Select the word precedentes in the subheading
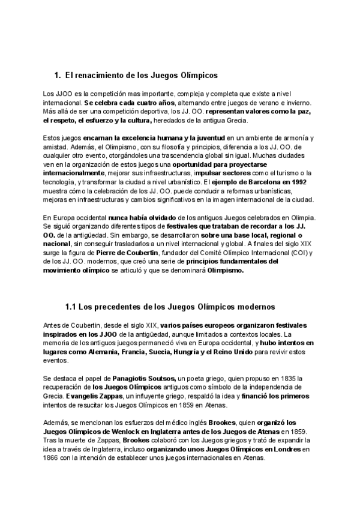(x=118, y=306)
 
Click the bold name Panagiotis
(x=132, y=379)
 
